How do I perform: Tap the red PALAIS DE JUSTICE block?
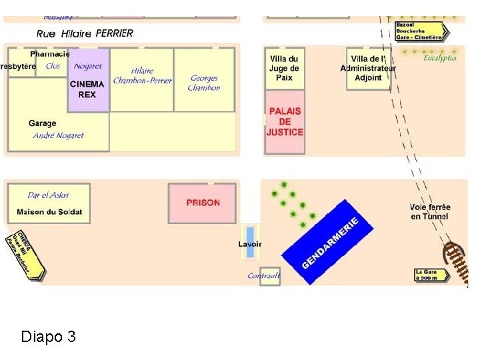pyautogui.click(x=285, y=122)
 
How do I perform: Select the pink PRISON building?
pyautogui.click(x=203, y=203)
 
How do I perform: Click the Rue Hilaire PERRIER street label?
pyautogui.click(x=85, y=33)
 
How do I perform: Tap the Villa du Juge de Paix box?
pyautogui.click(x=284, y=68)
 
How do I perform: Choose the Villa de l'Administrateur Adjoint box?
pyautogui.click(x=368, y=68)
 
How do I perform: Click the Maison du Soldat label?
pyautogui.click(x=49, y=212)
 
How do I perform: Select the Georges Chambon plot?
pyautogui.click(x=204, y=83)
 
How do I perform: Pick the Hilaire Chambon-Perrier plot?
pyautogui.click(x=142, y=76)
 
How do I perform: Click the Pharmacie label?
pyautogui.click(x=50, y=53)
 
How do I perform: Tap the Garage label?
pyautogui.click(x=43, y=123)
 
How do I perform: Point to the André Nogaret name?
pyautogui.click(x=59, y=135)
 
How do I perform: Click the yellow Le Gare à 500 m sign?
pyautogui.click(x=431, y=274)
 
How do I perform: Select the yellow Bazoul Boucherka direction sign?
pyautogui.click(x=421, y=31)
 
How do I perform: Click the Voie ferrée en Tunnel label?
pyautogui.click(x=429, y=212)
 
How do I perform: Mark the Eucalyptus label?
pyautogui.click(x=440, y=58)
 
